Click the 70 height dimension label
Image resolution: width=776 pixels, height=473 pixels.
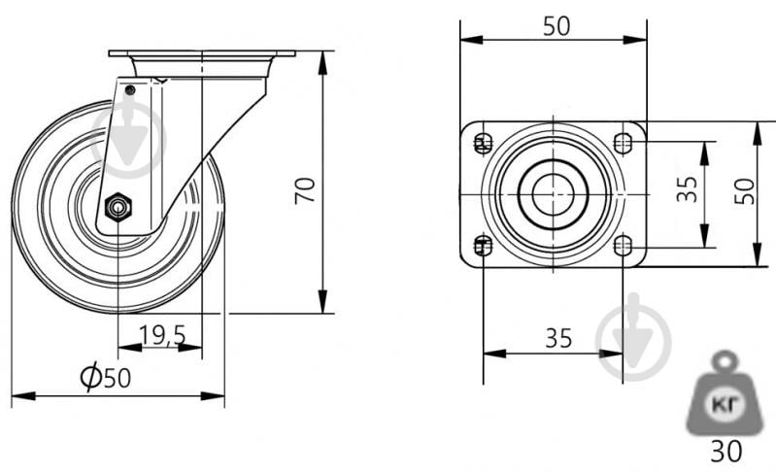point(305,190)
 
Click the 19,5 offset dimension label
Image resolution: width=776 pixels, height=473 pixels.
point(162,335)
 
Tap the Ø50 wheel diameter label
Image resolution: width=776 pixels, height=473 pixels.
point(106,378)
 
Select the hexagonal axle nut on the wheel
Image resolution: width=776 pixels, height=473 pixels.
point(118,206)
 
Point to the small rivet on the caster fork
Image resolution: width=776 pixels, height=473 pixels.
point(130,90)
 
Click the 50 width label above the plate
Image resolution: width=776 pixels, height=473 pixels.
point(557,26)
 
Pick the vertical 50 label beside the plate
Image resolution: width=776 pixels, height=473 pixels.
point(744,191)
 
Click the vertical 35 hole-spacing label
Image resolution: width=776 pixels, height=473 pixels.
point(687,190)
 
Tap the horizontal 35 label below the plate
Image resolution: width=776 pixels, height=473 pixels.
point(558,338)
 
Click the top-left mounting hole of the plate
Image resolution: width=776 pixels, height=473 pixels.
point(484,144)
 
